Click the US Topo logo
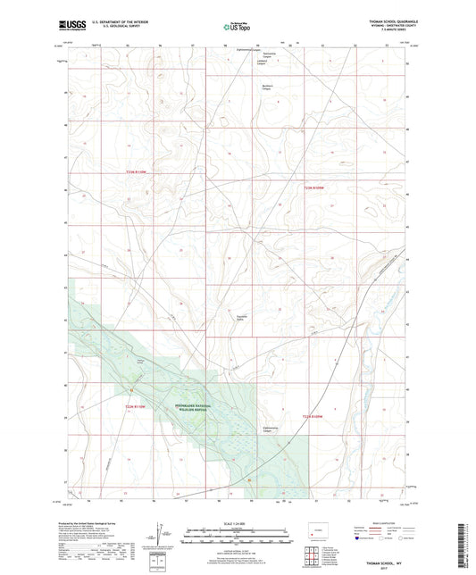pos(237,28)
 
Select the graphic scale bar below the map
pos(237,538)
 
